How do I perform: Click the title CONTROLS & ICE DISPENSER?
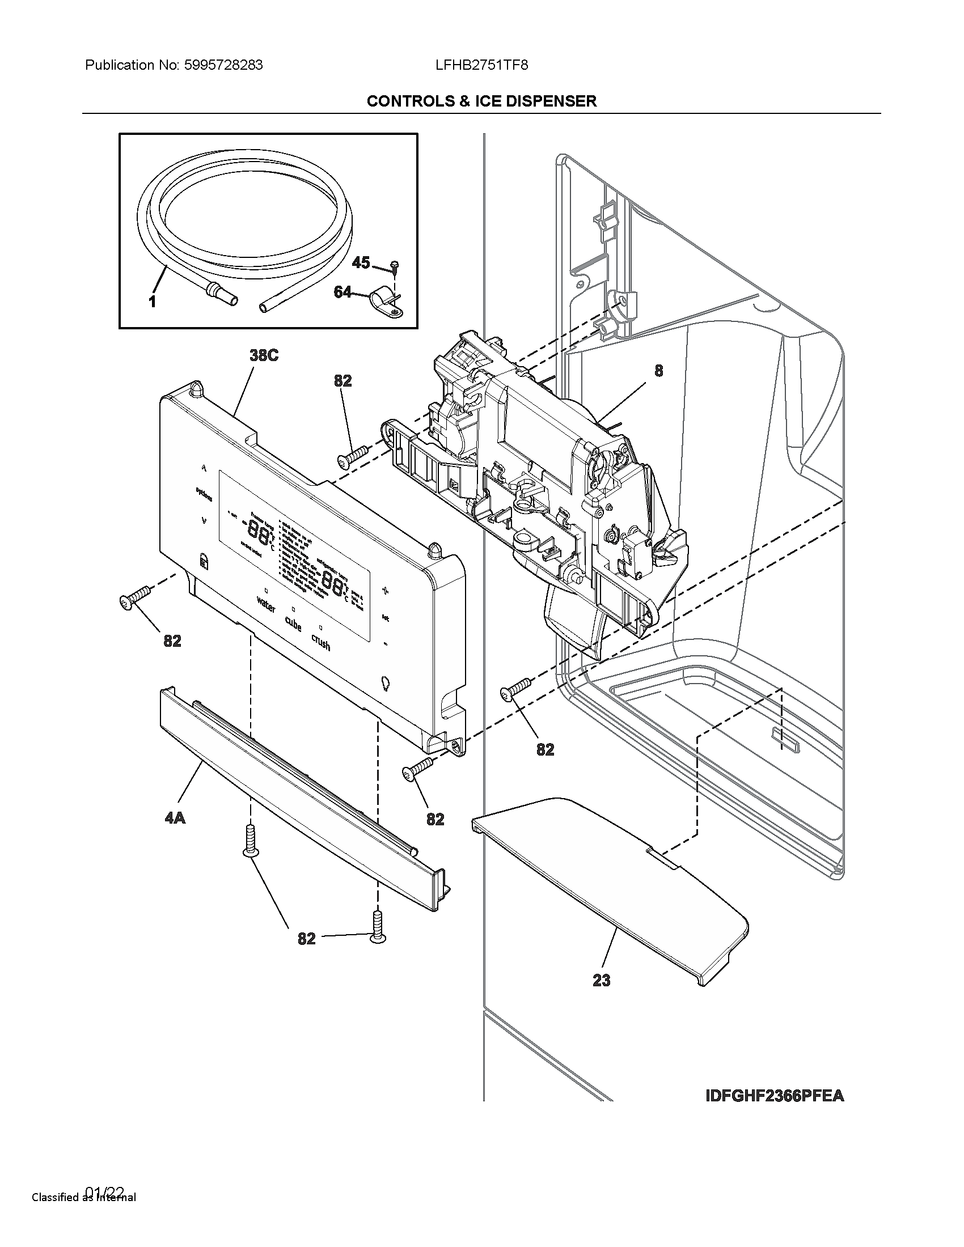(481, 101)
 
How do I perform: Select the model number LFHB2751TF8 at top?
(481, 65)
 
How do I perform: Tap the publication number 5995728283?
(223, 65)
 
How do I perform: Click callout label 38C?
(264, 355)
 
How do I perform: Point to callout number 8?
(658, 371)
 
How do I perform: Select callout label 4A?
(175, 818)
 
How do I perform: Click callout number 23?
(601, 981)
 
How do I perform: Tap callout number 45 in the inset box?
(361, 262)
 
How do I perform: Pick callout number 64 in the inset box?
(343, 292)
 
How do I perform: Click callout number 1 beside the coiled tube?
(153, 302)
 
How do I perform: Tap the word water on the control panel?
(266, 604)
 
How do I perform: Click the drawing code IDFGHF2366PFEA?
(775, 1096)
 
